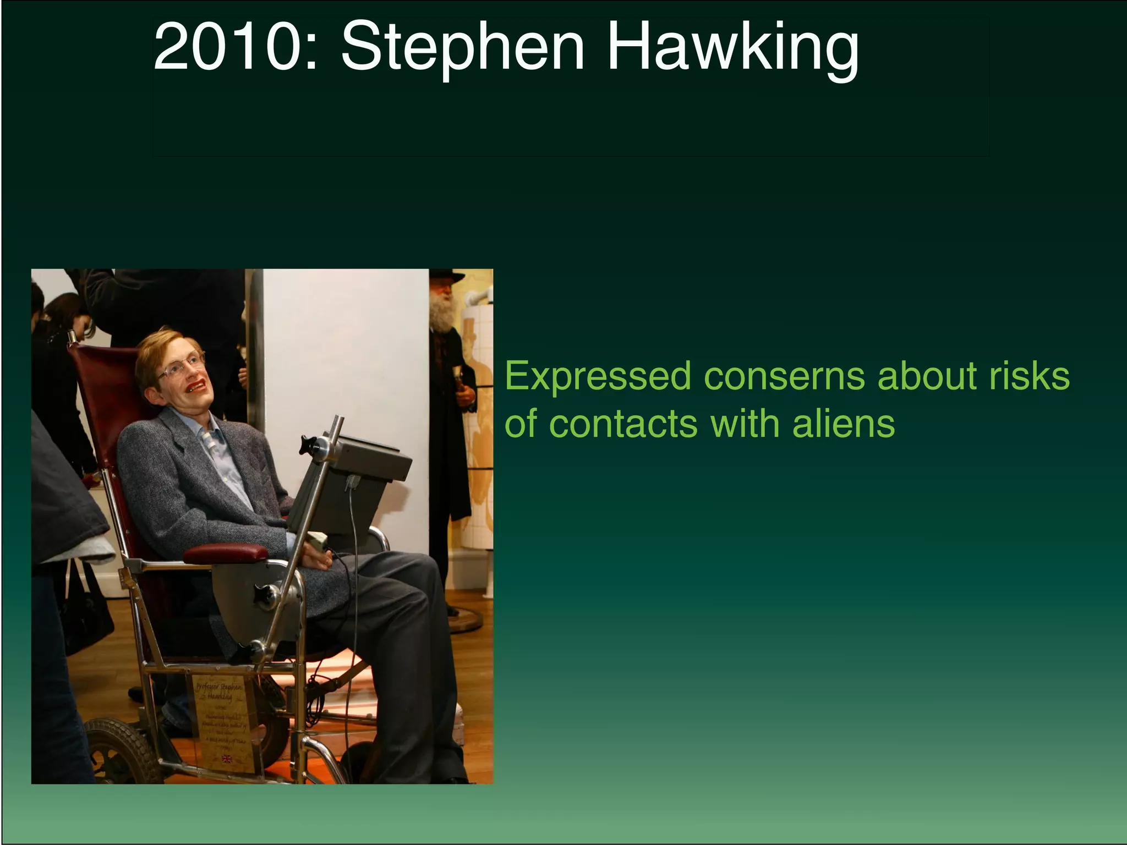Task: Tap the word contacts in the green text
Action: pos(624,424)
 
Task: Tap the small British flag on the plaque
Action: pos(227,760)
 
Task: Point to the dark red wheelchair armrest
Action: pos(226,553)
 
